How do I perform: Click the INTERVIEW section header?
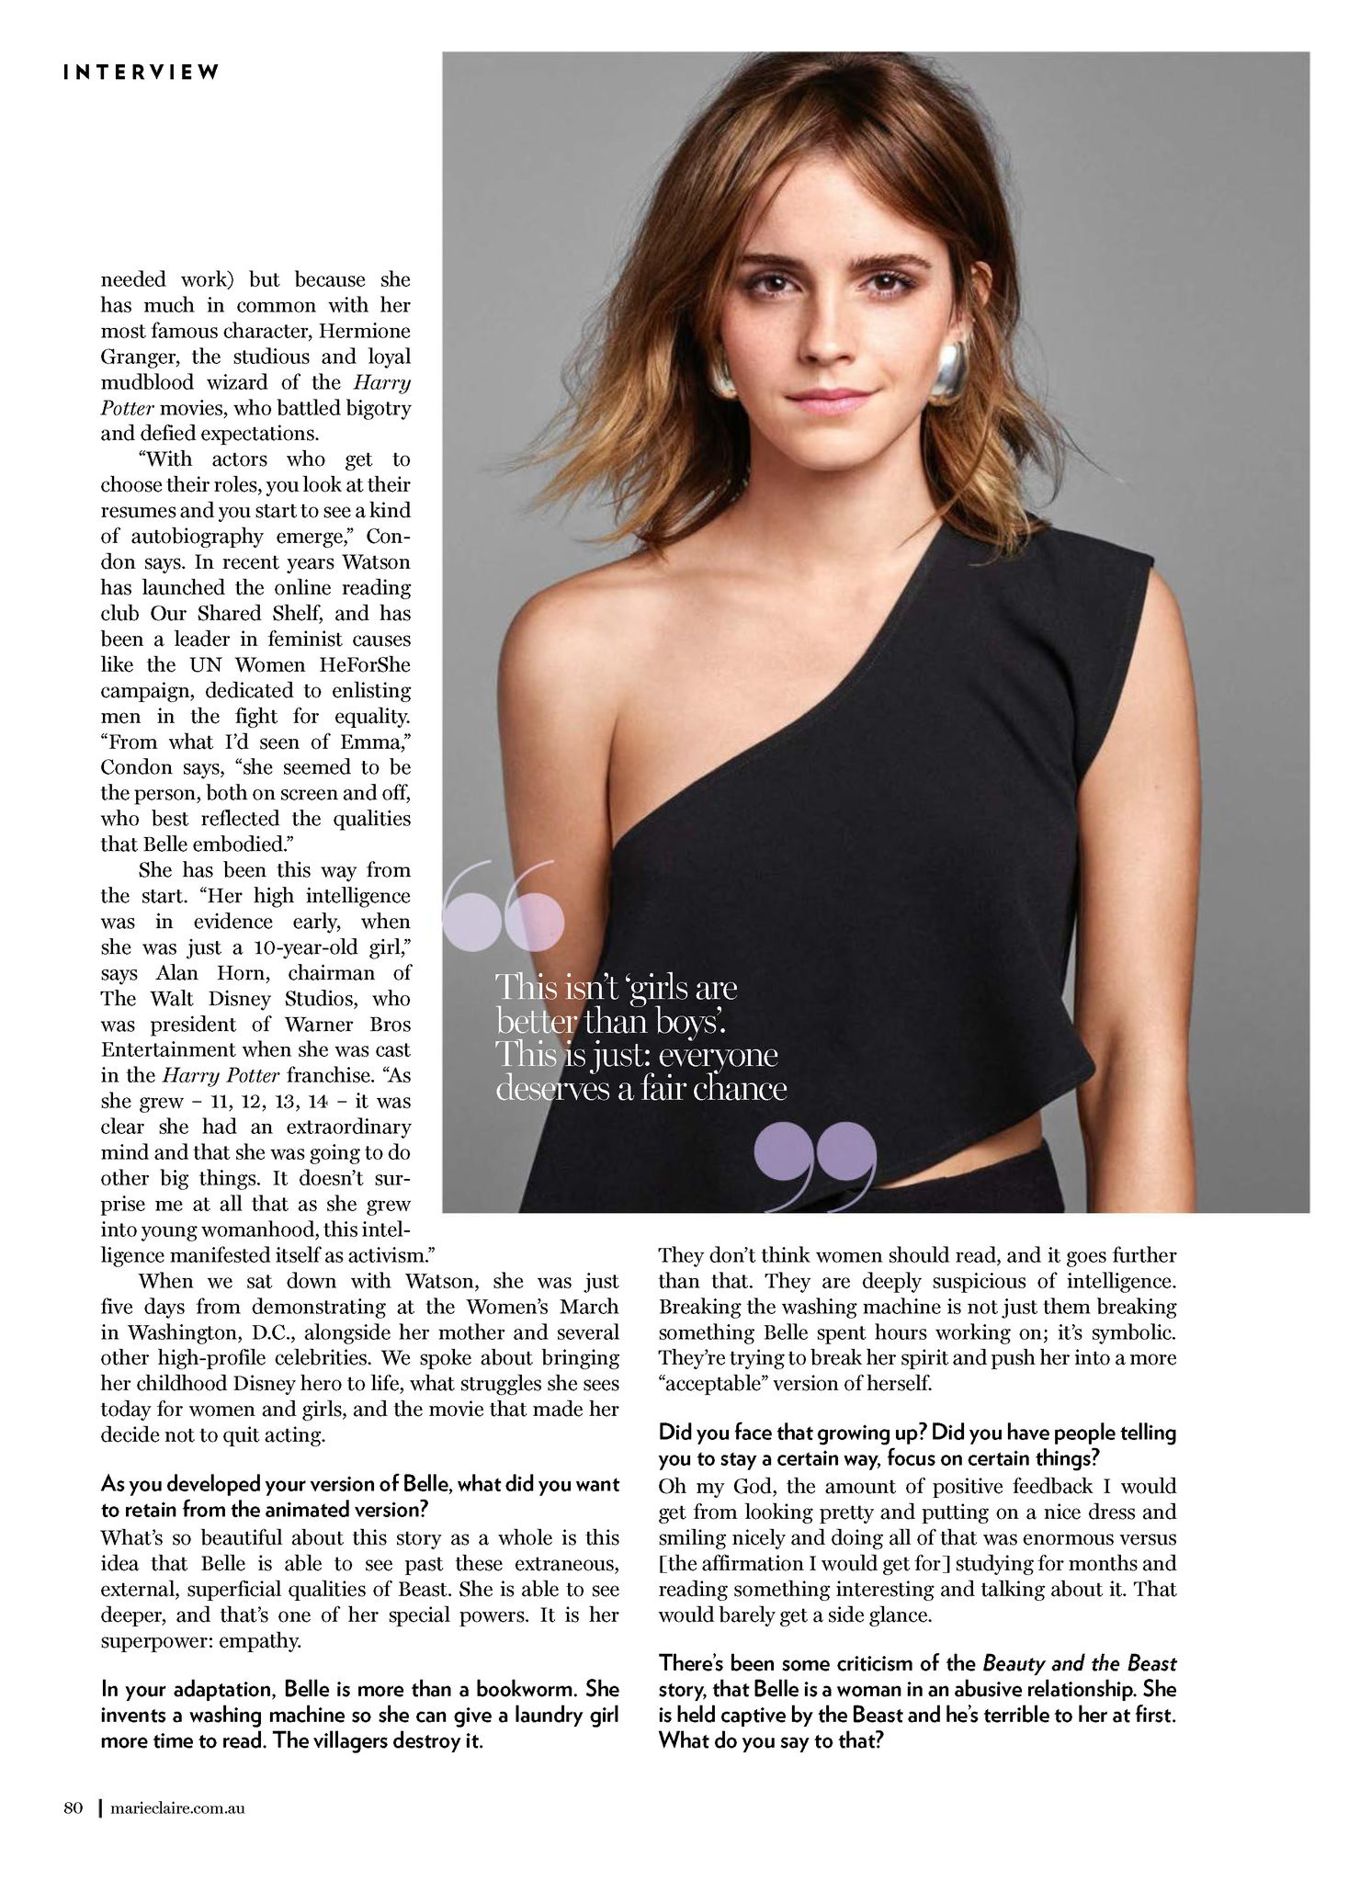tap(142, 73)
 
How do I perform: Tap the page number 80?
tap(74, 1808)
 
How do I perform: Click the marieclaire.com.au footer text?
tap(176, 1808)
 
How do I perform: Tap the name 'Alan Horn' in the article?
tap(233, 973)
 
